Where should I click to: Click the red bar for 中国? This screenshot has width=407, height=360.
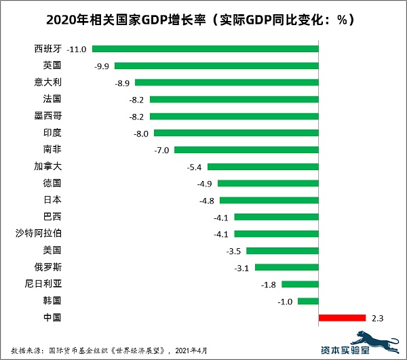342,317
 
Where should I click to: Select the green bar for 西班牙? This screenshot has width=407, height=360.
205,49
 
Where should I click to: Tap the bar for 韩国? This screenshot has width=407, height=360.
308,300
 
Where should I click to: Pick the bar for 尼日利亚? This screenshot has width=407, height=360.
300,284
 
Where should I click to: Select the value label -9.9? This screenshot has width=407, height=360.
102,66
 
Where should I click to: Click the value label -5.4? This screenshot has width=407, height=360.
195,167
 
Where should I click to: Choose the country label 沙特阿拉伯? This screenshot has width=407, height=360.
42,233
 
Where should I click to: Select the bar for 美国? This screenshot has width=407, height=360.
282,250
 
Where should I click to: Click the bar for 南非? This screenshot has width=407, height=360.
246,150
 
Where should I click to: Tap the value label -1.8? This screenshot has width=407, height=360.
269,284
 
